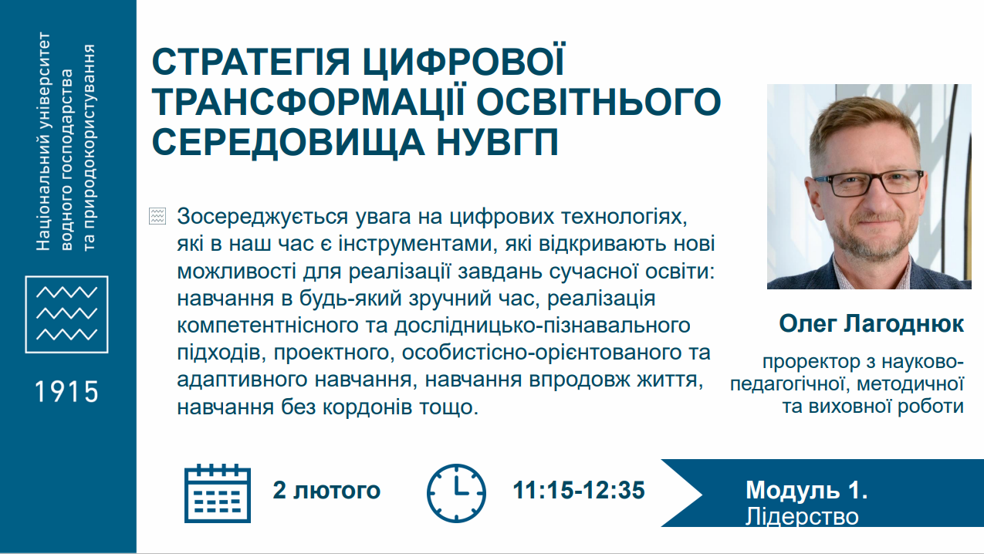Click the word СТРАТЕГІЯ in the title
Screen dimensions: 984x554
click(x=251, y=62)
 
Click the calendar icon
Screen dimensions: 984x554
click(x=218, y=493)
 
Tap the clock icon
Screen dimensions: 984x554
click(x=456, y=493)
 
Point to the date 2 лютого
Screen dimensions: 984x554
click(x=326, y=490)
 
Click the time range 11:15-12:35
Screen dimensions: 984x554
click(x=579, y=490)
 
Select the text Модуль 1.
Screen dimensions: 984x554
click(x=806, y=490)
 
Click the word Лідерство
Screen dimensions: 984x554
click(x=802, y=517)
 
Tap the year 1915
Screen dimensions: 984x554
click(x=67, y=391)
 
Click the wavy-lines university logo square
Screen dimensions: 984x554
click(x=67, y=315)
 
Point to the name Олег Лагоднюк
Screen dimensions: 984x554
click(x=871, y=324)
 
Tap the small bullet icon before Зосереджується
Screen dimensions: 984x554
click(x=157, y=216)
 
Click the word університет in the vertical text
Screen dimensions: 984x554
click(x=43, y=76)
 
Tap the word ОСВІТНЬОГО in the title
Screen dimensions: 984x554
click(x=599, y=102)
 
